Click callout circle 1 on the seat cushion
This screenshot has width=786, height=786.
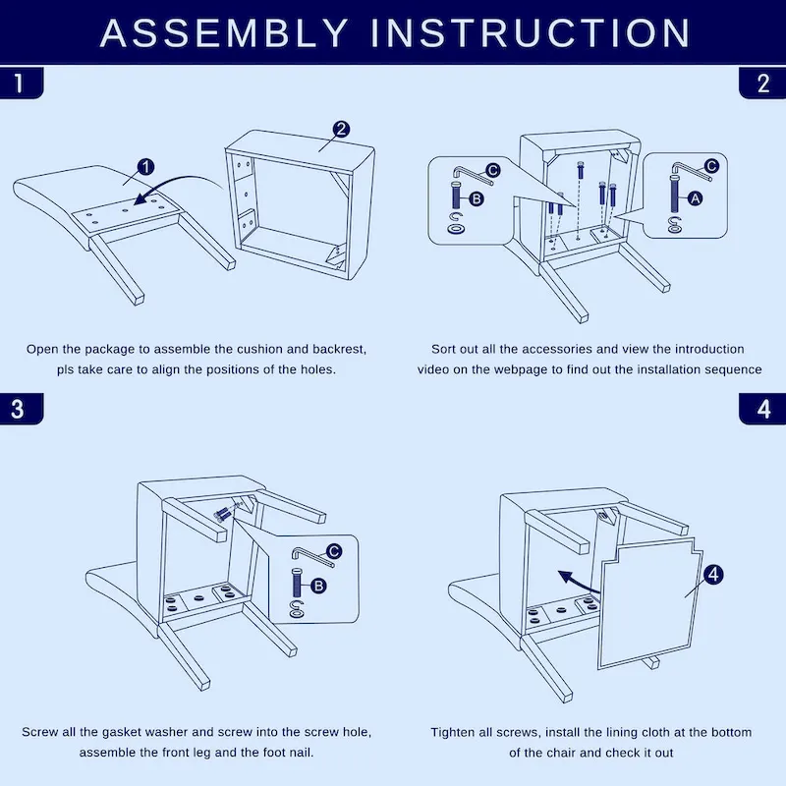[x=144, y=167]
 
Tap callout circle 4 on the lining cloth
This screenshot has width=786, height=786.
[x=714, y=573]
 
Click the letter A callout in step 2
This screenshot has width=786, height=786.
[x=695, y=197]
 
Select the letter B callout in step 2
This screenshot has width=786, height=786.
[x=477, y=198]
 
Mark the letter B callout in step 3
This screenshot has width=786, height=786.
[x=317, y=586]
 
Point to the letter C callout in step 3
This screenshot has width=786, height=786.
[x=333, y=552]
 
